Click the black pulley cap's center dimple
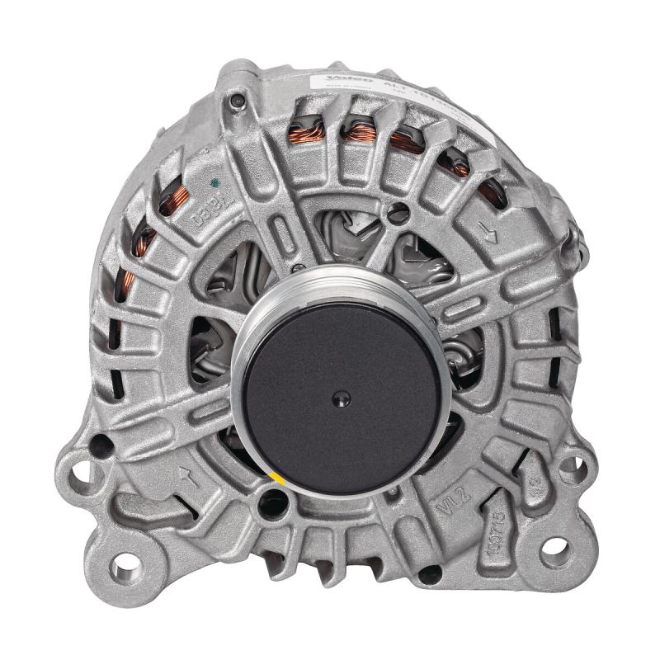337,399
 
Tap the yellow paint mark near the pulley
278,481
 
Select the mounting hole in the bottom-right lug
554,548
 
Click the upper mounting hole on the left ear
80,474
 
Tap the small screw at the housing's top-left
238,102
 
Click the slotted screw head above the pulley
399,211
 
